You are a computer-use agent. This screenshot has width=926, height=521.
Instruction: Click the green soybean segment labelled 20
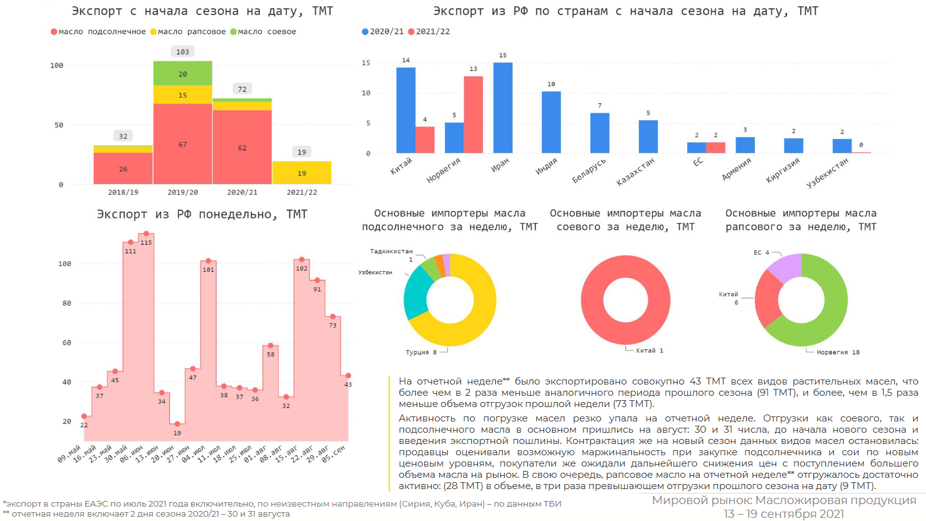[182, 73]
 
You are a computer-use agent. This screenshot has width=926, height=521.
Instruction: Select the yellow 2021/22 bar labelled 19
[301, 173]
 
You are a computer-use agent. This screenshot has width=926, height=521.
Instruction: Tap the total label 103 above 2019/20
[182, 52]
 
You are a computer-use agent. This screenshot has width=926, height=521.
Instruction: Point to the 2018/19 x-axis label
[123, 192]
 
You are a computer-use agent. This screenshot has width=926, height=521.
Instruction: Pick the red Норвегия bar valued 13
[473, 115]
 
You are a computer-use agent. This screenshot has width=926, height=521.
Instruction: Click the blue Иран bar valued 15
[502, 108]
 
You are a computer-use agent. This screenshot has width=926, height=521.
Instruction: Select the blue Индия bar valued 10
[551, 122]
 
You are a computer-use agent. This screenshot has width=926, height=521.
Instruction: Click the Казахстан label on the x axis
[636, 170]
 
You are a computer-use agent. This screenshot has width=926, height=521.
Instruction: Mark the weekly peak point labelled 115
[146, 234]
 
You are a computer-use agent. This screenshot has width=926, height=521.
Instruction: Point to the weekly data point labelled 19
[177, 425]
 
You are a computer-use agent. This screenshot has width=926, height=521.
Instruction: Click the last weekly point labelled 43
[348, 376]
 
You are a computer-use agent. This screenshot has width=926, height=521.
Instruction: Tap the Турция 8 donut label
[421, 352]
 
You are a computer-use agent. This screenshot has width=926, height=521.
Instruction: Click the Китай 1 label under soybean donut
[649, 351]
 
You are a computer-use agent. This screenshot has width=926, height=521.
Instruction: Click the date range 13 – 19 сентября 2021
[784, 514]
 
